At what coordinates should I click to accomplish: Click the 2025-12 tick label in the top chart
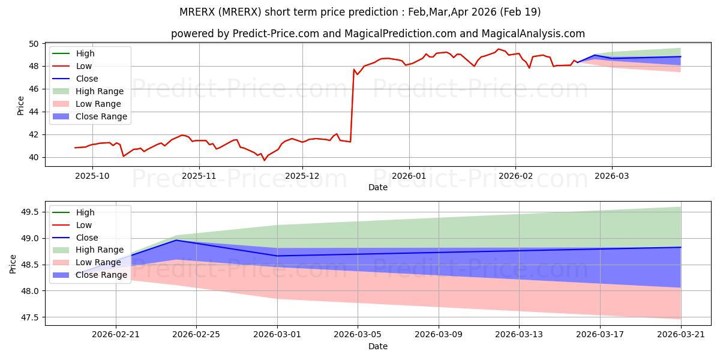pyautogui.click(x=302, y=176)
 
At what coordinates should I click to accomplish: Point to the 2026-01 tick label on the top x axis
pyautogui.click(x=409, y=176)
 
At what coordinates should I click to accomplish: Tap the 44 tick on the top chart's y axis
pyautogui.click(x=34, y=112)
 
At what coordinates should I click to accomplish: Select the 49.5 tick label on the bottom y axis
pyautogui.click(x=29, y=212)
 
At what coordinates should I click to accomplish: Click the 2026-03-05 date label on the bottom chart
pyautogui.click(x=358, y=335)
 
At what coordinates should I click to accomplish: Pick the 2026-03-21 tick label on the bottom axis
pyautogui.click(x=681, y=335)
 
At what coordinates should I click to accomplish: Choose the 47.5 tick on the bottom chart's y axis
pyautogui.click(x=29, y=317)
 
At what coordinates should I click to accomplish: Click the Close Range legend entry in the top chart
pyautogui.click(x=90, y=116)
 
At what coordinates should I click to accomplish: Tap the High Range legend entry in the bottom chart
pyautogui.click(x=88, y=250)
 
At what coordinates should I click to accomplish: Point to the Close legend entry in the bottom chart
pyautogui.click(x=75, y=238)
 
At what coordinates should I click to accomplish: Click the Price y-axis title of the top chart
pyautogui.click(x=20, y=106)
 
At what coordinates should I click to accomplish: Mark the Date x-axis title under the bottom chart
pyautogui.click(x=378, y=346)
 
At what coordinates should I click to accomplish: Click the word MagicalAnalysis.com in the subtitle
pyautogui.click(x=533, y=34)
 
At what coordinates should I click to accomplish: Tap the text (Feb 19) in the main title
pyautogui.click(x=520, y=12)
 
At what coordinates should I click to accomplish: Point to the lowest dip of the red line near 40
pyautogui.click(x=265, y=160)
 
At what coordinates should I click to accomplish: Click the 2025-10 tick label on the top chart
pyautogui.click(x=92, y=176)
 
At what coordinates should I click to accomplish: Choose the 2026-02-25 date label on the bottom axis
pyautogui.click(x=196, y=335)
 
